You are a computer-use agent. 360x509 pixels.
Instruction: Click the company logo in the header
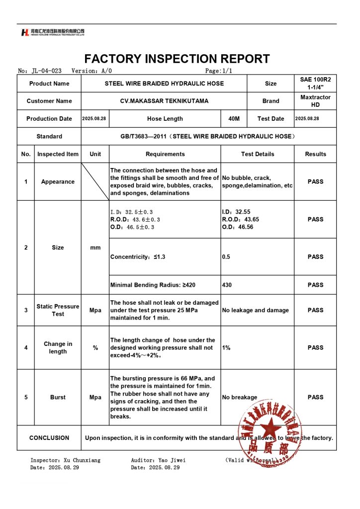point(53,32)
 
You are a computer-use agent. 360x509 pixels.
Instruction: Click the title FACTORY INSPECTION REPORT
point(177,59)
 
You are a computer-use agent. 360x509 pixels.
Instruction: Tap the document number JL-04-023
point(46,71)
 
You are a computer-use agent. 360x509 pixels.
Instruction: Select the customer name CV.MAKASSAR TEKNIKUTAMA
point(164,101)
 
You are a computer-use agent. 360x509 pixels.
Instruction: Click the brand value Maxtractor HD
point(315,101)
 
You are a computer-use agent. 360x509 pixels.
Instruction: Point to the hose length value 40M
point(234,119)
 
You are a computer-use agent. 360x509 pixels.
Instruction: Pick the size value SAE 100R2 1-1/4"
point(315,84)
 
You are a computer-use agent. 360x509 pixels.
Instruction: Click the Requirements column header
point(165,154)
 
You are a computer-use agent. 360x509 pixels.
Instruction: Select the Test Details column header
point(258,154)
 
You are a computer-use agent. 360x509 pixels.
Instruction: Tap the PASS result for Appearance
point(315,182)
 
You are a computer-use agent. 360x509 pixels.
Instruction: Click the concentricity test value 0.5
point(226,257)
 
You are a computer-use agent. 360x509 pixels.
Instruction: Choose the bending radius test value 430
point(227,285)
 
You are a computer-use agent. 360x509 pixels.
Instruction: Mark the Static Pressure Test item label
point(58,310)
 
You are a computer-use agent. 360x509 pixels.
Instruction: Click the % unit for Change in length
point(95,348)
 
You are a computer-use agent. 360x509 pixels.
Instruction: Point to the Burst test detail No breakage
point(240,398)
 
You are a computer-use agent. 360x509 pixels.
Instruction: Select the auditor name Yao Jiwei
point(172,460)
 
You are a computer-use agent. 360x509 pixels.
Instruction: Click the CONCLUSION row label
point(49,438)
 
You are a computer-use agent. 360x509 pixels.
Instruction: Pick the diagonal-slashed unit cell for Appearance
point(95,182)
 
